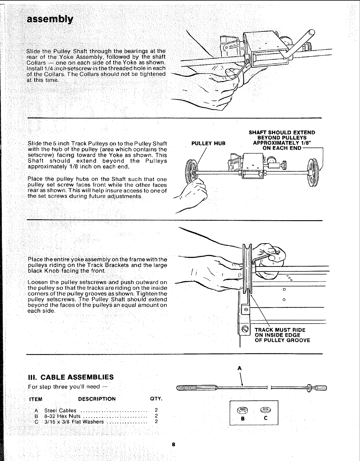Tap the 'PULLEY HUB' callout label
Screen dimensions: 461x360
coord(208,143)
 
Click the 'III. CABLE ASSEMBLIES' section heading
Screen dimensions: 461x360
coord(70,377)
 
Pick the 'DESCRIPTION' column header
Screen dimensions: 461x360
coord(97,399)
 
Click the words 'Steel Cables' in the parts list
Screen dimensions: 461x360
coord(60,411)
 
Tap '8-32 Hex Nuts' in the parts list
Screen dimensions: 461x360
coord(62,416)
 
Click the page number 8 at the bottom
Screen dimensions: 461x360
coord(174,445)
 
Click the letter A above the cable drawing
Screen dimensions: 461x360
coord(240,368)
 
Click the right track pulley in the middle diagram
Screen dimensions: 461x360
coord(311,173)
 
